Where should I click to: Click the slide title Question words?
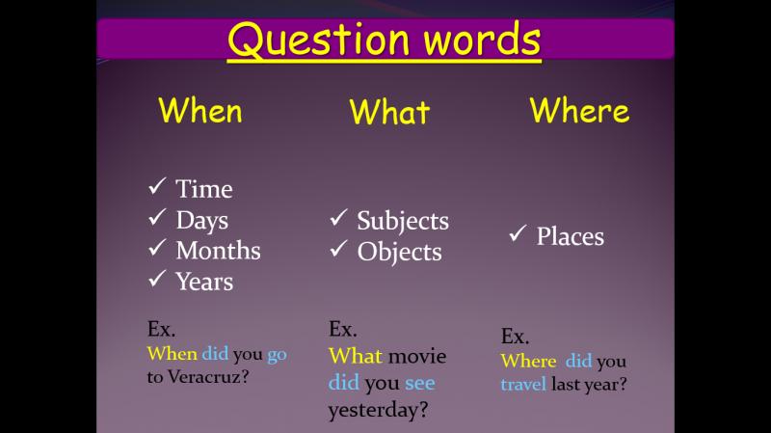(x=384, y=40)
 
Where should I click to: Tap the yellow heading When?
(x=200, y=110)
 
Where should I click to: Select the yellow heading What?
(x=389, y=112)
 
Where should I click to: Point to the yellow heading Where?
(x=579, y=110)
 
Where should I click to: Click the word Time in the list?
(x=204, y=189)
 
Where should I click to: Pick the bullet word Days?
(x=202, y=221)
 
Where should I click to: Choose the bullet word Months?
(x=219, y=251)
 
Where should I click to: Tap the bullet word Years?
(x=204, y=282)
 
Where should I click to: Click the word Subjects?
(x=403, y=221)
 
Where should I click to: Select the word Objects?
(x=399, y=252)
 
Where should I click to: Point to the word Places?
(x=570, y=236)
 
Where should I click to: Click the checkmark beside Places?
(x=518, y=233)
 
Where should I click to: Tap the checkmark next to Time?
(x=157, y=186)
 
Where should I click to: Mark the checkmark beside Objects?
(x=339, y=249)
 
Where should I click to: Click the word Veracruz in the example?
(x=207, y=377)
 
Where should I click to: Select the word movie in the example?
(x=417, y=356)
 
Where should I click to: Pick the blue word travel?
(x=523, y=384)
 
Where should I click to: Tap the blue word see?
(x=420, y=383)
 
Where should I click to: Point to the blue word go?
(x=277, y=355)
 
